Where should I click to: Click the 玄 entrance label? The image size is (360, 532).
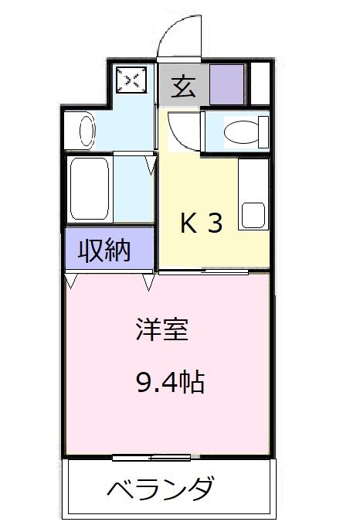pyautogui.click(x=182, y=86)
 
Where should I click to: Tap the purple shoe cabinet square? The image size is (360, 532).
pyautogui.click(x=226, y=85)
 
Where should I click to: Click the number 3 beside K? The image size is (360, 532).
pyautogui.click(x=216, y=224)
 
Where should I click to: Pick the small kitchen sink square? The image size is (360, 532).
pyautogui.click(x=253, y=214)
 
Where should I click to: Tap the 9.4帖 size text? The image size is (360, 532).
pyautogui.click(x=172, y=380)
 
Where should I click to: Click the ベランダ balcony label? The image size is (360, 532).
pyautogui.click(x=160, y=489)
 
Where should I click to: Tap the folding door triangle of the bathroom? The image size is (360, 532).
pyautogui.click(x=151, y=163)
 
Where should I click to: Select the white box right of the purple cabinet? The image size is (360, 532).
pyautogui.click(x=260, y=84)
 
